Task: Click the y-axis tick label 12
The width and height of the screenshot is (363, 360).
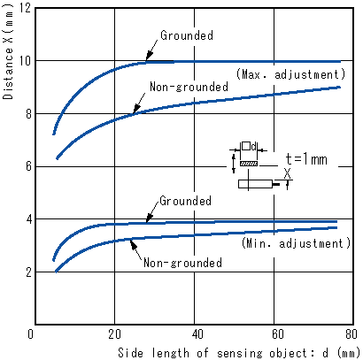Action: pyautogui.click(x=25, y=8)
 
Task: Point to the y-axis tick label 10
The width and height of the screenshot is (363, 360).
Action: pyautogui.click(x=25, y=61)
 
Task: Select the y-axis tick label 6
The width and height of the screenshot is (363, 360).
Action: pyautogui.click(x=28, y=166)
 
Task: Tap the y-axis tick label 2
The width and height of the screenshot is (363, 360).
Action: pyautogui.click(x=28, y=272)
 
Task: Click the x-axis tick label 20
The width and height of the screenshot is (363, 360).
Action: pyautogui.click(x=114, y=334)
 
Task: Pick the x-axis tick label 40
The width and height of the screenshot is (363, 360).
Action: pyautogui.click(x=197, y=334)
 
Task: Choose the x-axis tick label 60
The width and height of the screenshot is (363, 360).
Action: pyautogui.click(x=277, y=334)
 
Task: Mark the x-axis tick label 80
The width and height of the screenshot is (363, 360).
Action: pyautogui.click(x=351, y=334)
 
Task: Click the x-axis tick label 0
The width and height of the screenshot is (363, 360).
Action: pyautogui.click(x=30, y=334)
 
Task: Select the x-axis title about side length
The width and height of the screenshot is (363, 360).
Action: pyautogui.click(x=239, y=353)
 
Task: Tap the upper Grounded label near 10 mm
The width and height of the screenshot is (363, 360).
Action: pyautogui.click(x=187, y=35)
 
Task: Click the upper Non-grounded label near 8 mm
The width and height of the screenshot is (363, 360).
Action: pyautogui.click(x=189, y=87)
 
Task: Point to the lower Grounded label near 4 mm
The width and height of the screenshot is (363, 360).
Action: pyautogui.click(x=185, y=201)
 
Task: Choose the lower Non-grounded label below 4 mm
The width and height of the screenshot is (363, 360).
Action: pyautogui.click(x=182, y=263)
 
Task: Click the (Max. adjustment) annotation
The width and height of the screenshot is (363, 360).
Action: pyautogui.click(x=290, y=74)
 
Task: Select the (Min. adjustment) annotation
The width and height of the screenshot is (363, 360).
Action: pyautogui.click(x=296, y=243)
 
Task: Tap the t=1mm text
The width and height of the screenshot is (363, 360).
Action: pyautogui.click(x=306, y=159)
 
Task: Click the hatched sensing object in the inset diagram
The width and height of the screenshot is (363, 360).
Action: pyautogui.click(x=249, y=164)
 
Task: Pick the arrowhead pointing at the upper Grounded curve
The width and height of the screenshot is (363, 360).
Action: pyautogui.click(x=150, y=56)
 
